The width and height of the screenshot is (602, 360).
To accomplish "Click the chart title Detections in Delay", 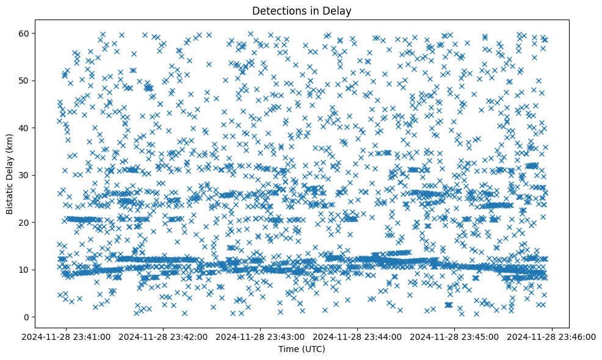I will coord(302,10).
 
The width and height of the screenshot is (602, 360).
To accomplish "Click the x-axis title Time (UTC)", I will coord(302,349).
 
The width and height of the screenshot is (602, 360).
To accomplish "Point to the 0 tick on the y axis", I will coord(34,317).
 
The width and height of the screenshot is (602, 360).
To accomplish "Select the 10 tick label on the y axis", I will coord(32,270).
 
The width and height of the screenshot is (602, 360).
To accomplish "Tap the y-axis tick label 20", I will coord(32,222).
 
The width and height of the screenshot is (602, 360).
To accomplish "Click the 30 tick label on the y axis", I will coord(32,175).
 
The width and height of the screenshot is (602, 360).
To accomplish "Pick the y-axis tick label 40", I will coord(32,128).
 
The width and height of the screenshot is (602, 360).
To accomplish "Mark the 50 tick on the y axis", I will coord(32,81).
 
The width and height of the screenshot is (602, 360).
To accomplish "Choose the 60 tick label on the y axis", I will coord(32,33).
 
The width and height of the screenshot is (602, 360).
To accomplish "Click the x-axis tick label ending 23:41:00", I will coord(67,336).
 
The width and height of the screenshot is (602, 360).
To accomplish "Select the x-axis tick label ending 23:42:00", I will coord(164,336).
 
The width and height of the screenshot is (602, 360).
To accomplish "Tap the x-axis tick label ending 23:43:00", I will coord(261,336).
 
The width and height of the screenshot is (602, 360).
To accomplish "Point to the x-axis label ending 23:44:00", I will coord(358,336).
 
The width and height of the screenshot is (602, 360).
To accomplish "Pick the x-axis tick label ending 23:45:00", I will coord(455,336).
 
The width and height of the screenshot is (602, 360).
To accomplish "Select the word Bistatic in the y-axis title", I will coord(10,196).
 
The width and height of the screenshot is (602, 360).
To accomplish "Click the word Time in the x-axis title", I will coord(289,349).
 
